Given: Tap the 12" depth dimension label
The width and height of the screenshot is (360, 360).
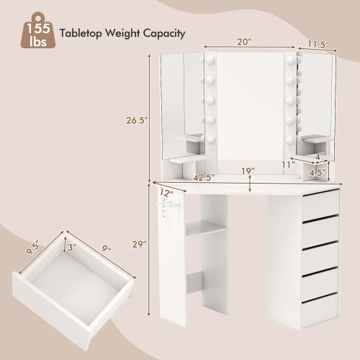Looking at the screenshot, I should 166,192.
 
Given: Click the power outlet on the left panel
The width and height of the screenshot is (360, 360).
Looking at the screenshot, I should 166,208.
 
